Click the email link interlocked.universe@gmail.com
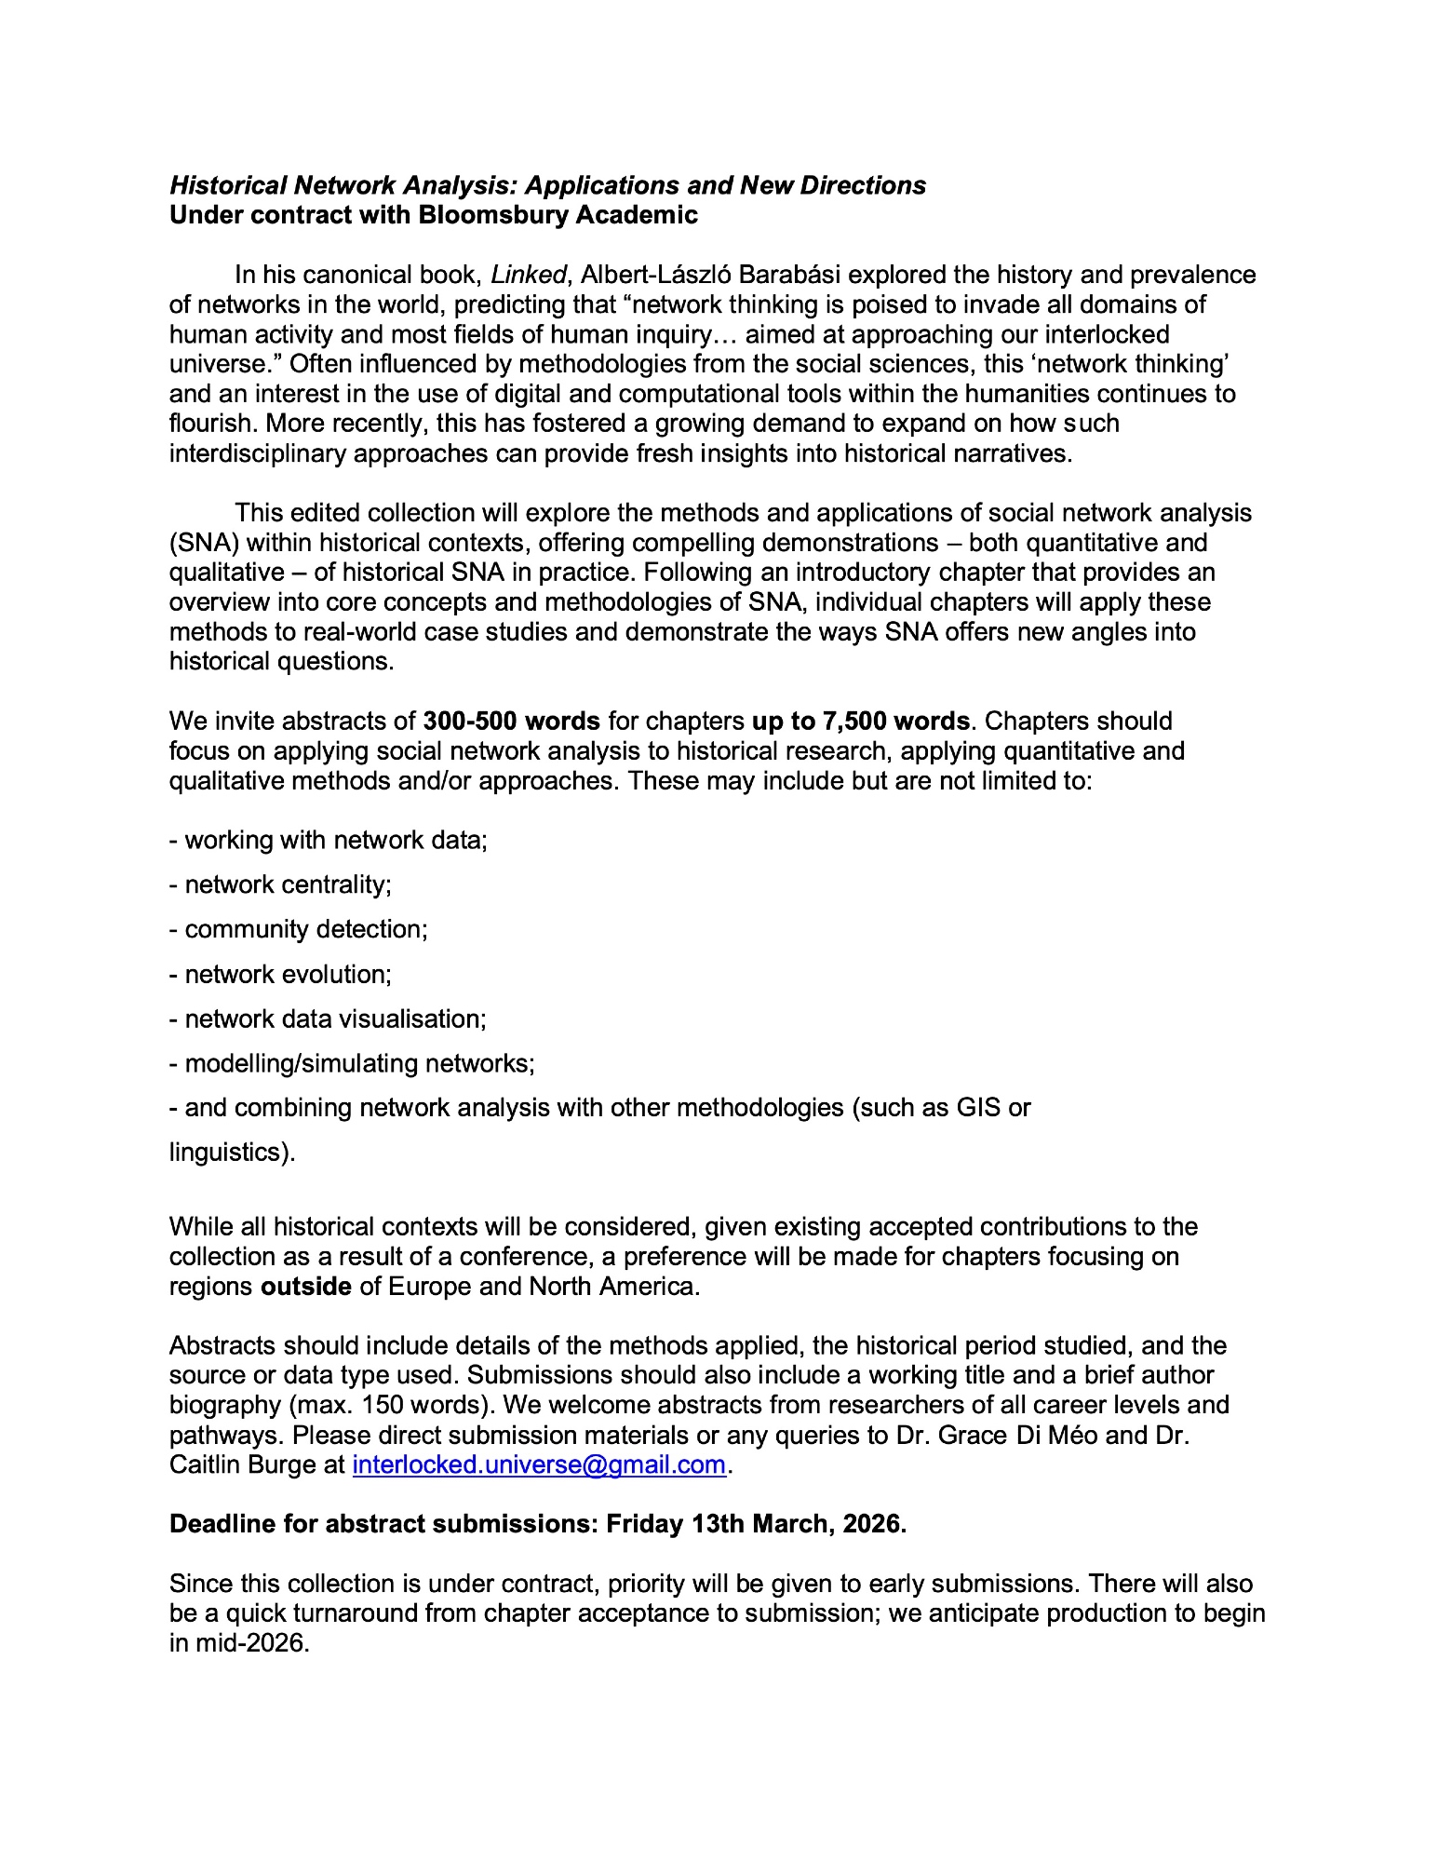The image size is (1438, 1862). pyautogui.click(x=539, y=1464)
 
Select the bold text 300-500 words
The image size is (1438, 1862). pyautogui.click(x=511, y=721)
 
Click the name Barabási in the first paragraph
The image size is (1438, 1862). pyautogui.click(x=789, y=275)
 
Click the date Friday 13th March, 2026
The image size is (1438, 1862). pyautogui.click(x=756, y=1524)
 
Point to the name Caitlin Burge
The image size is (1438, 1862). pyautogui.click(x=244, y=1464)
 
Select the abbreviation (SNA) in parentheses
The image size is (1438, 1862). pyautogui.click(x=204, y=542)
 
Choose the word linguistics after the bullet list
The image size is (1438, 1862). pyautogui.click(x=227, y=1153)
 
